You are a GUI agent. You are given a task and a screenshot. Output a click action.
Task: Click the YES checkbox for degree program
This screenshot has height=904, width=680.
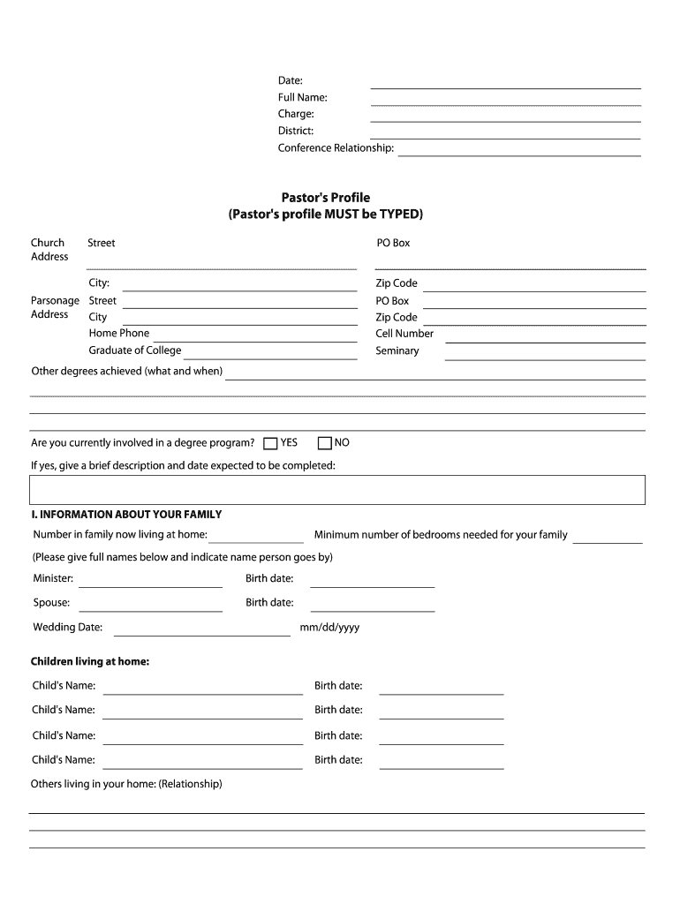coord(270,443)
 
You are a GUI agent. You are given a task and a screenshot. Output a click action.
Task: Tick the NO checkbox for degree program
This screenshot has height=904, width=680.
coord(324,443)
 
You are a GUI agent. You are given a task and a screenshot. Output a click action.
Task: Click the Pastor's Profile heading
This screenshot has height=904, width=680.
coord(325,198)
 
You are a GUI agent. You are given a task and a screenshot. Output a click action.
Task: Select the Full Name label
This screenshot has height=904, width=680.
coord(302,97)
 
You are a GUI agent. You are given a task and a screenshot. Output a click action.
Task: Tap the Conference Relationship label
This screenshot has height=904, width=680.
coord(336,147)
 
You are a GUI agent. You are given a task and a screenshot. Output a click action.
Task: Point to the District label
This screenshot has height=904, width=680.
coord(295,131)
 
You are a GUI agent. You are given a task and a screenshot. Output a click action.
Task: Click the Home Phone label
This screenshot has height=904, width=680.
coord(118,333)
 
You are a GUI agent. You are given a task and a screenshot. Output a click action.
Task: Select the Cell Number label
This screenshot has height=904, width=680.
coord(404,334)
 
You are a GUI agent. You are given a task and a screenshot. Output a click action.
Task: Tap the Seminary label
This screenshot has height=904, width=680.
coord(397,350)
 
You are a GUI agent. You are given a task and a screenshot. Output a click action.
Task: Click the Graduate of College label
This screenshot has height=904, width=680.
coord(134,350)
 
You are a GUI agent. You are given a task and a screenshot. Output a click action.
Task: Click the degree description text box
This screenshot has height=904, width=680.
coord(337,490)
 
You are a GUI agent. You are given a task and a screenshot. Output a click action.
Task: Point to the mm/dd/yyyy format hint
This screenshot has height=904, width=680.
coord(329,628)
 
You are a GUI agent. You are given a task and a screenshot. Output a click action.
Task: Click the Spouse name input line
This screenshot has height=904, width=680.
coord(150,608)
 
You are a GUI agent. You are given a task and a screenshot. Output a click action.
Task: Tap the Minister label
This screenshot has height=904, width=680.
coord(53,579)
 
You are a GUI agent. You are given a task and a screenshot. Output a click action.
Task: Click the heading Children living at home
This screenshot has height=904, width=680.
coord(90,661)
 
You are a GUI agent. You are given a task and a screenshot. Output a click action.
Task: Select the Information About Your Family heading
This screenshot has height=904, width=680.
coord(126,515)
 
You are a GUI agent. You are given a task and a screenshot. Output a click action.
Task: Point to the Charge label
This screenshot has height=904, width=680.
coord(296,114)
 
